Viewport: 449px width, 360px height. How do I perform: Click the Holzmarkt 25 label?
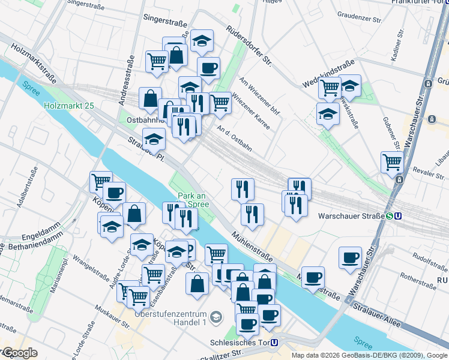pyautogui.click(x=69, y=106)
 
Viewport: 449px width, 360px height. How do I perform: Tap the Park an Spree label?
pyautogui.click(x=193, y=200)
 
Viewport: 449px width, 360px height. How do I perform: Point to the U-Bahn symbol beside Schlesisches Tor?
pyautogui.click(x=274, y=343)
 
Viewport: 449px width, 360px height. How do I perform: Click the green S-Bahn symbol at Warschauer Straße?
pyautogui.click(x=390, y=216)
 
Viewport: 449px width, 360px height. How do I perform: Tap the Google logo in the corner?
pyautogui.click(x=20, y=353)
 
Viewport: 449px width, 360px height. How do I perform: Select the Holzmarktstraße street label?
pyautogui.click(x=34, y=62)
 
